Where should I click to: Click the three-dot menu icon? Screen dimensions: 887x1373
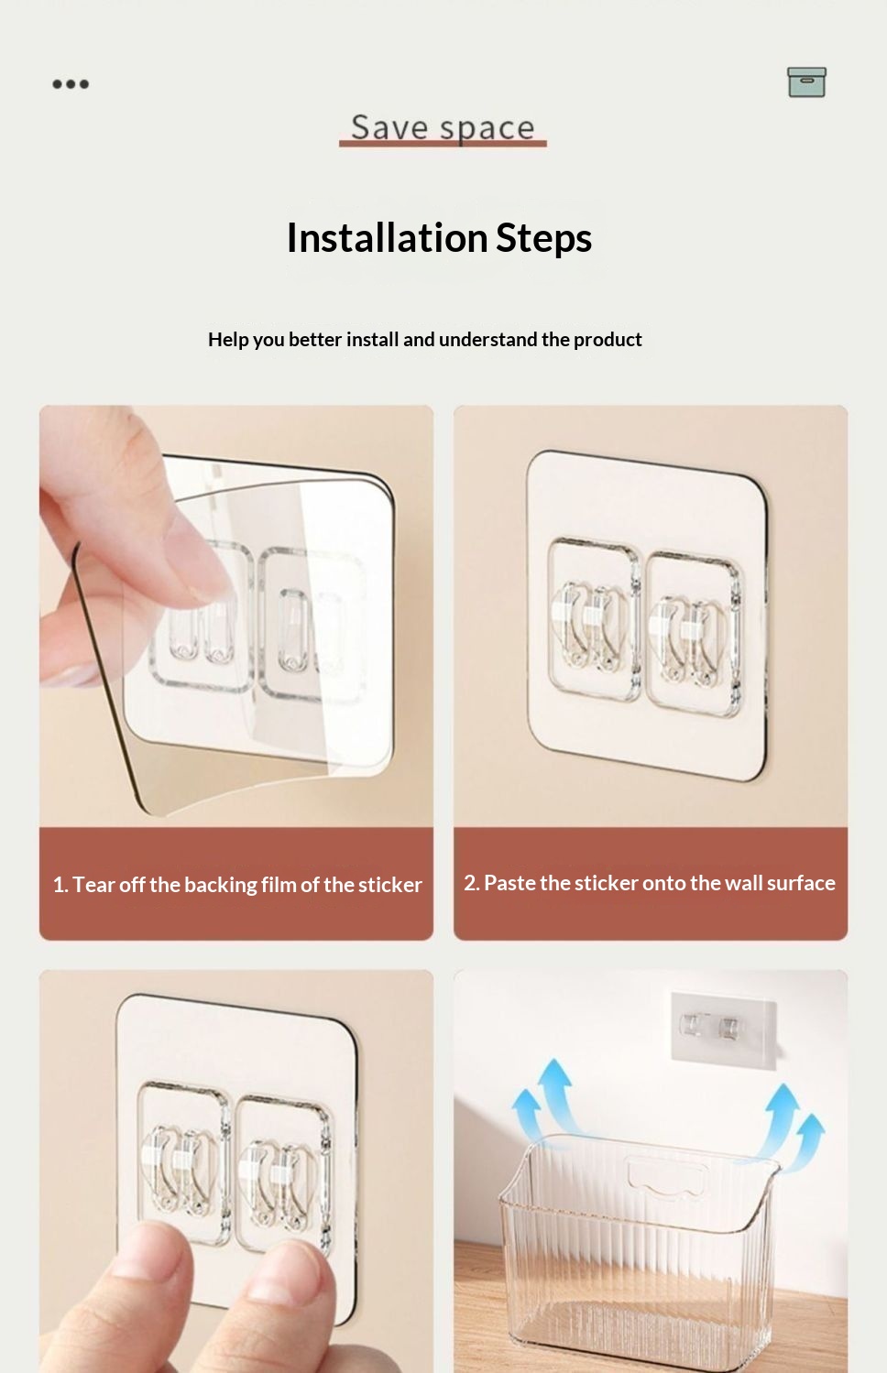pyautogui.click(x=71, y=84)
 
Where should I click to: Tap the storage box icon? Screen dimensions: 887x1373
pyautogui.click(x=806, y=82)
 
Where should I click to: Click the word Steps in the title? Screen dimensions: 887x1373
pyautogui.click(x=543, y=238)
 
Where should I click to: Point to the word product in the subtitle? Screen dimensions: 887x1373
pyautogui.click(x=608, y=339)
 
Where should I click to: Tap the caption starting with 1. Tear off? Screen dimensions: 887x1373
pyautogui.click(x=237, y=885)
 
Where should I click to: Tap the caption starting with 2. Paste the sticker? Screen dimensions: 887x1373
pyautogui.click(x=649, y=883)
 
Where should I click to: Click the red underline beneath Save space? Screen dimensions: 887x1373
pyautogui.click(x=443, y=144)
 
